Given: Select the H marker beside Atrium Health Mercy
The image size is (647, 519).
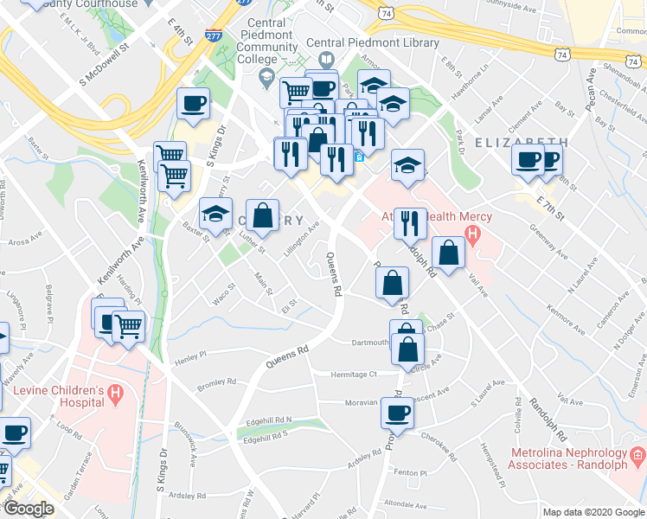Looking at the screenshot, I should (471, 233).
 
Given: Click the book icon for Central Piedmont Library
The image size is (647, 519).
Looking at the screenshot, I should (326, 60).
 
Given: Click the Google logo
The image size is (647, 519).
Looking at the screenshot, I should (29, 509).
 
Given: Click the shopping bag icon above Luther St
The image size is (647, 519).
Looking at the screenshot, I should (262, 215).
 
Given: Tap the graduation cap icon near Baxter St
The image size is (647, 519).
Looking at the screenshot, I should (215, 213).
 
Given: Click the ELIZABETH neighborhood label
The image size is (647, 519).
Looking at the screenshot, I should (521, 142).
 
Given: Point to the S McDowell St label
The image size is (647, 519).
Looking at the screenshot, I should (103, 61).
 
